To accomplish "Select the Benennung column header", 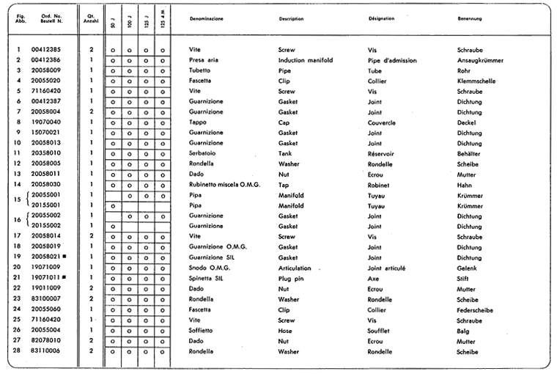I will tap(470, 18).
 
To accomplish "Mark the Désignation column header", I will tap(382, 18).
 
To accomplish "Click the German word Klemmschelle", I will tap(477, 80).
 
